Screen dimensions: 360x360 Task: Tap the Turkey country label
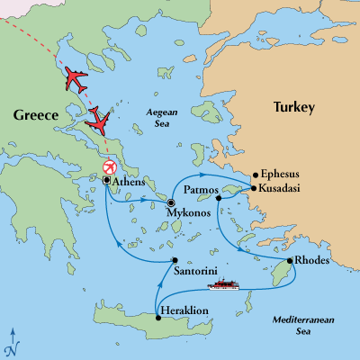(293, 108)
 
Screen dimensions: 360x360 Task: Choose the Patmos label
(200, 191)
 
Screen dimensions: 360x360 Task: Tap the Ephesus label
(283, 175)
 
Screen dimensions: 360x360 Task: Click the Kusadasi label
(284, 189)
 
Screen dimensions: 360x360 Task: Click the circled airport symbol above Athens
(109, 167)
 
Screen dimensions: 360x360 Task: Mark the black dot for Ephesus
(256, 175)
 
